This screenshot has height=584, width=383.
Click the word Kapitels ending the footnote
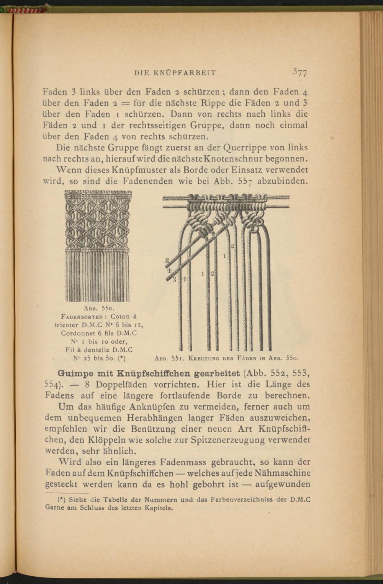(x=159, y=509)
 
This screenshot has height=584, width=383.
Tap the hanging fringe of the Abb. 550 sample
(x=97, y=276)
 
